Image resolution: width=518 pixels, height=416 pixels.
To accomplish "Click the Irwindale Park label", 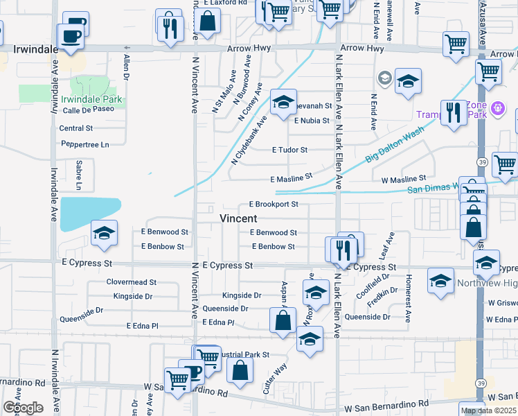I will [x=96, y=99].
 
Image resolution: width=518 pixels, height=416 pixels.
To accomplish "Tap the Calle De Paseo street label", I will [x=87, y=110].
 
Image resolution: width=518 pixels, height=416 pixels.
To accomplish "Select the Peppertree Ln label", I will [x=85, y=145].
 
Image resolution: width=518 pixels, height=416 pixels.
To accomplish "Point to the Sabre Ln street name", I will [x=78, y=175].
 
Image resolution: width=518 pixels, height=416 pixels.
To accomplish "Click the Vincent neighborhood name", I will [x=238, y=218].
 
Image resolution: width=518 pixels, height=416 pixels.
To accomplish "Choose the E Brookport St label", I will [x=274, y=205].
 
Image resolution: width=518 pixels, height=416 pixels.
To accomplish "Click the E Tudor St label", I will [x=289, y=150].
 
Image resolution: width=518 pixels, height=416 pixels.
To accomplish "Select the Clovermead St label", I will [x=132, y=282].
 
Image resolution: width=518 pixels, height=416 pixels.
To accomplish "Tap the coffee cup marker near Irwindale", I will [x=71, y=35].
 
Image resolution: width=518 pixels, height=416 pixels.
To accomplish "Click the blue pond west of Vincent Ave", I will [x=91, y=213].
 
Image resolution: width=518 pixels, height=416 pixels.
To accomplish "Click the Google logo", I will [x=23, y=408].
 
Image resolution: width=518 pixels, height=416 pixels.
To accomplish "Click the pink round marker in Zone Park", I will [x=498, y=109].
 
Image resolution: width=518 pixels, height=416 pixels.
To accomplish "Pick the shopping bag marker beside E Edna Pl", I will [x=283, y=321].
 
